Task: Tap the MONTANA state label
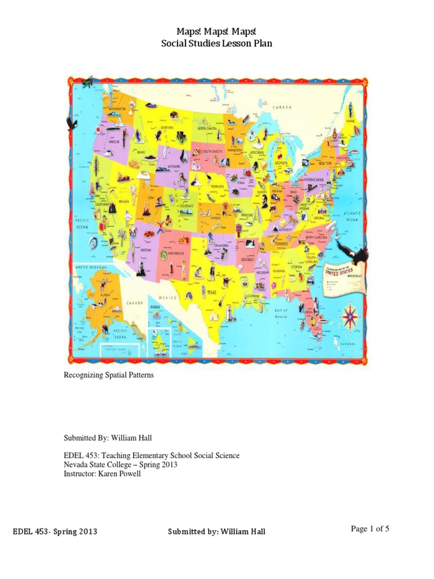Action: coord(166,128)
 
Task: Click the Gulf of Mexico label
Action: coord(282,314)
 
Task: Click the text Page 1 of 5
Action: coord(370,529)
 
